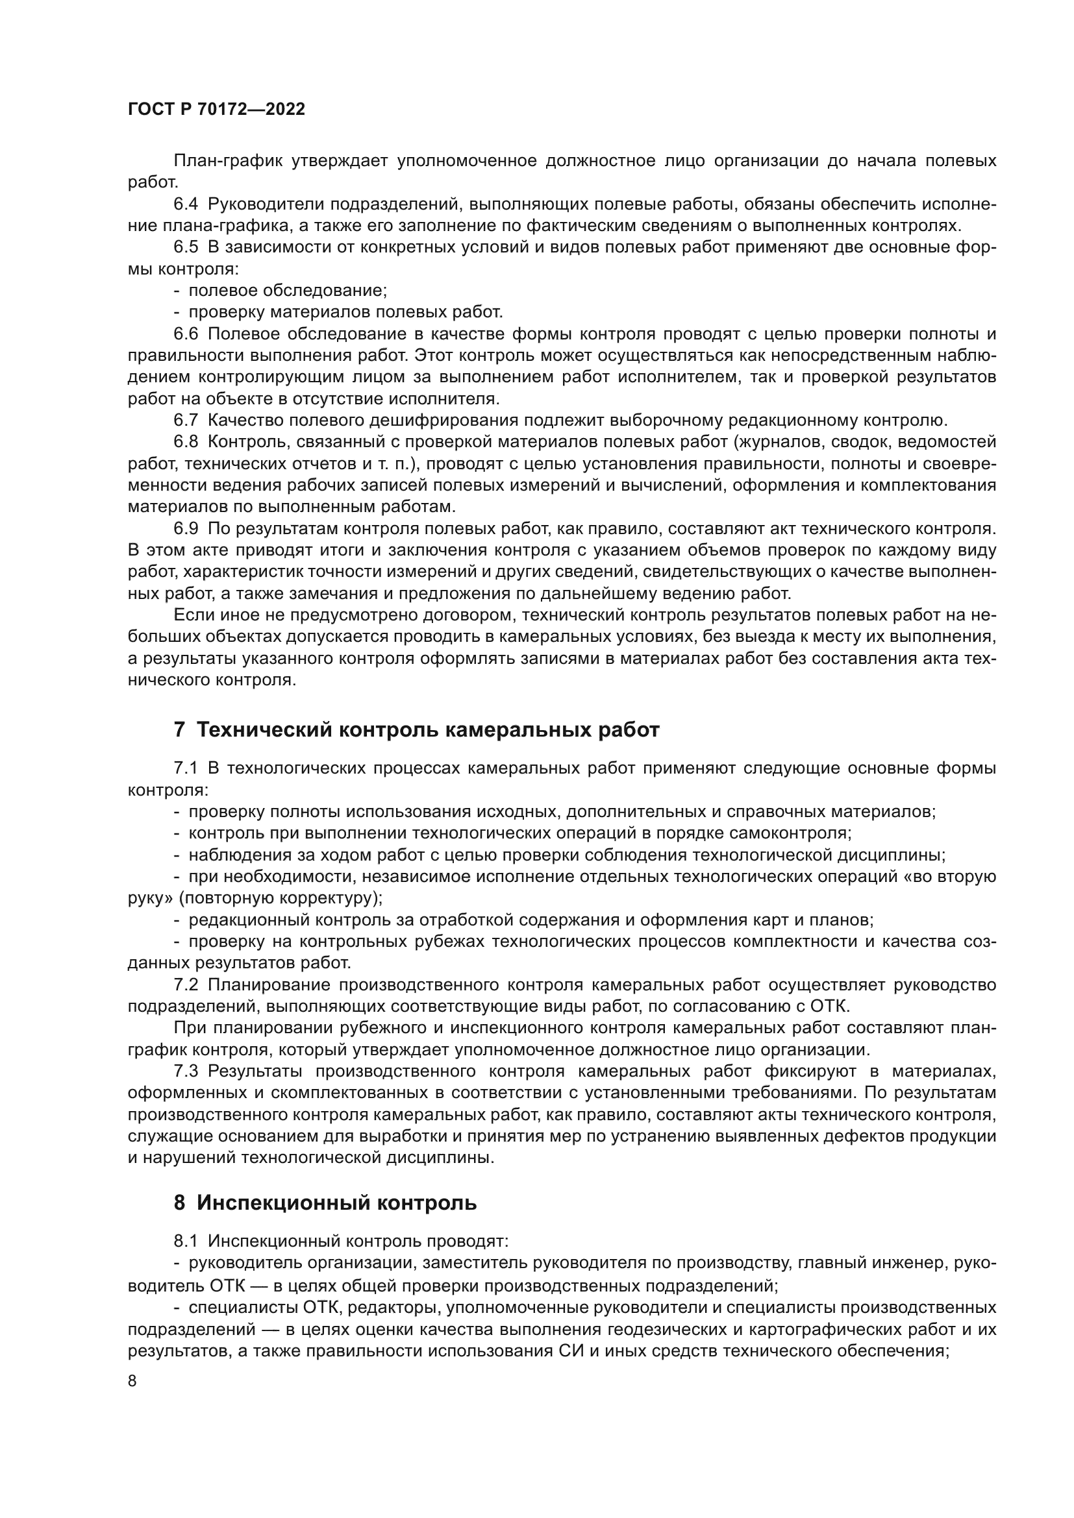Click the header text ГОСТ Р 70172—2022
point(216,110)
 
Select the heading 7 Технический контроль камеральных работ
point(417,730)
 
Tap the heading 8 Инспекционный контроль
point(325,1203)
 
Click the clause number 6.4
point(186,204)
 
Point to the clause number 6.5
point(186,247)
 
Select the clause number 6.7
point(186,420)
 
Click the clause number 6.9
point(186,528)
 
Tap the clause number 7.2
point(186,985)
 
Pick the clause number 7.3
point(186,1071)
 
